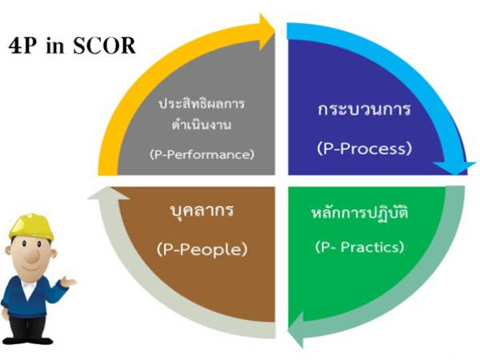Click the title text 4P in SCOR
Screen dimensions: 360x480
(71, 45)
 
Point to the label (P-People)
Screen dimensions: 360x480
(202, 249)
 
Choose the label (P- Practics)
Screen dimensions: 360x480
(363, 246)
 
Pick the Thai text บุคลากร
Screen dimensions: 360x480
(201, 214)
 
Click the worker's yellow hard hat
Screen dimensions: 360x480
(34, 224)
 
